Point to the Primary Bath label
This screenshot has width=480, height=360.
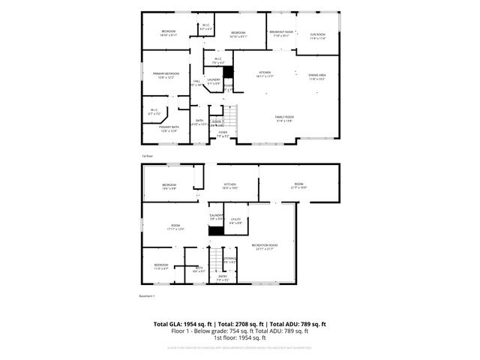click(x=168, y=129)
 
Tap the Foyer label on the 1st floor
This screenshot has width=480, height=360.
click(x=223, y=134)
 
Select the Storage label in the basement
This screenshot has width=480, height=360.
click(x=230, y=260)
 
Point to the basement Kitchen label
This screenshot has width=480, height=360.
click(x=229, y=186)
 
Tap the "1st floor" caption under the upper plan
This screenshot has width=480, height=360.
click(x=148, y=156)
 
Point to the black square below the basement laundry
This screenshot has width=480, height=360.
click(x=216, y=232)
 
